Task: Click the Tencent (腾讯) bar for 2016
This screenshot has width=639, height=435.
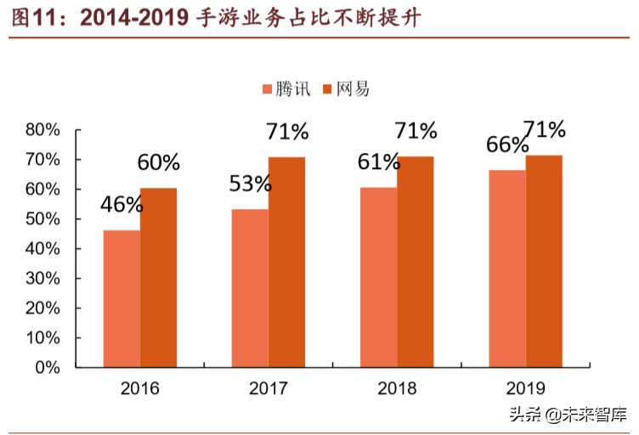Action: pos(122,298)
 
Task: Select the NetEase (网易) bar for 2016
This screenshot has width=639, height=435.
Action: pos(158,278)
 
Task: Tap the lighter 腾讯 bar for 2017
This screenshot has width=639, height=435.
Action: pos(250,288)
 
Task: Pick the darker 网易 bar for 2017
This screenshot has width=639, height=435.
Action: pos(286,262)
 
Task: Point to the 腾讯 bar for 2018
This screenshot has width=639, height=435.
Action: pos(378,277)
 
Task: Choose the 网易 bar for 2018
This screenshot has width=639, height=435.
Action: pos(415,262)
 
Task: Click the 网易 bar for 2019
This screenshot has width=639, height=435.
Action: pos(544,261)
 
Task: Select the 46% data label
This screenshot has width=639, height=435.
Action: pos(122,205)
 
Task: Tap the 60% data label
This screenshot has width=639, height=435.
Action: pos(159,162)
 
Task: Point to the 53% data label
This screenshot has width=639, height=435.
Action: pos(250,183)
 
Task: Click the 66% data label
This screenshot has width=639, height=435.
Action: pos(506,145)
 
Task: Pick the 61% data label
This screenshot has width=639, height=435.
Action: pos(378,161)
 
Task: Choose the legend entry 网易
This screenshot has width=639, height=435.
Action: pos(347,88)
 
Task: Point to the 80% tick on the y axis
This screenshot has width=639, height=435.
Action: pos(42,130)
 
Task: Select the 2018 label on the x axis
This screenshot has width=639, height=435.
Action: pos(396,389)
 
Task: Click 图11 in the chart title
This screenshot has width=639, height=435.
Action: pos(31,16)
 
